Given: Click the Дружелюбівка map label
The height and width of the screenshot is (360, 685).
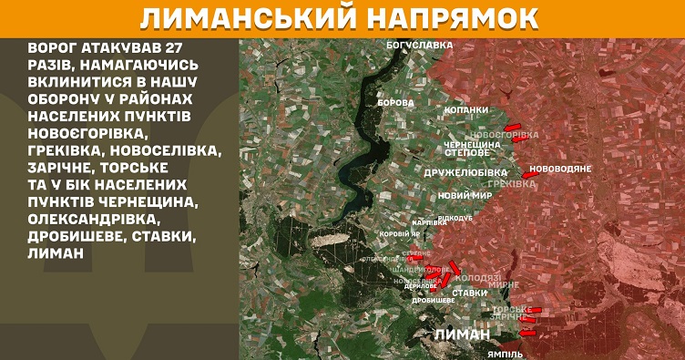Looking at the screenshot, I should (465, 171).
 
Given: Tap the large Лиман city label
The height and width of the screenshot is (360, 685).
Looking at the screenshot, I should (463, 334).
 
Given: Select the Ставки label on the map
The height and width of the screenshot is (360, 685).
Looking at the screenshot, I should (469, 293).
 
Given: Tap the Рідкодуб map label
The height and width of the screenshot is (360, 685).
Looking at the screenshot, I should (455, 218).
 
